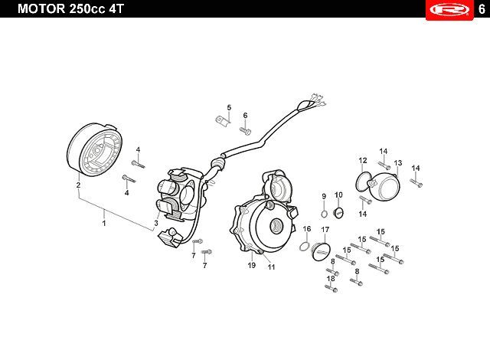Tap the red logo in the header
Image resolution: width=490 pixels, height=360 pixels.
pyautogui.click(x=448, y=9)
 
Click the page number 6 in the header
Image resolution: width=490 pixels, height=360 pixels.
pyautogui.click(x=480, y=9)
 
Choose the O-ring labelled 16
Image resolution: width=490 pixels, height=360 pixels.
pyautogui.click(x=305, y=245)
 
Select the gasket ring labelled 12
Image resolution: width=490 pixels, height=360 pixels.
pyautogui.click(x=362, y=180)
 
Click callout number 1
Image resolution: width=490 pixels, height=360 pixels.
pyautogui.click(x=105, y=223)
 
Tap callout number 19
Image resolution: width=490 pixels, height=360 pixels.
pyautogui.click(x=250, y=265)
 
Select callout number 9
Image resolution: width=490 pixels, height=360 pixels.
pyautogui.click(x=324, y=196)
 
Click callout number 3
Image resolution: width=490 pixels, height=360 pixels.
pyautogui.click(x=155, y=223)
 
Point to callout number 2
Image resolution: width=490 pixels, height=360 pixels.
pyautogui.click(x=78, y=185)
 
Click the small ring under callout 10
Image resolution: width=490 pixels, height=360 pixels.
pyautogui.click(x=339, y=212)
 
